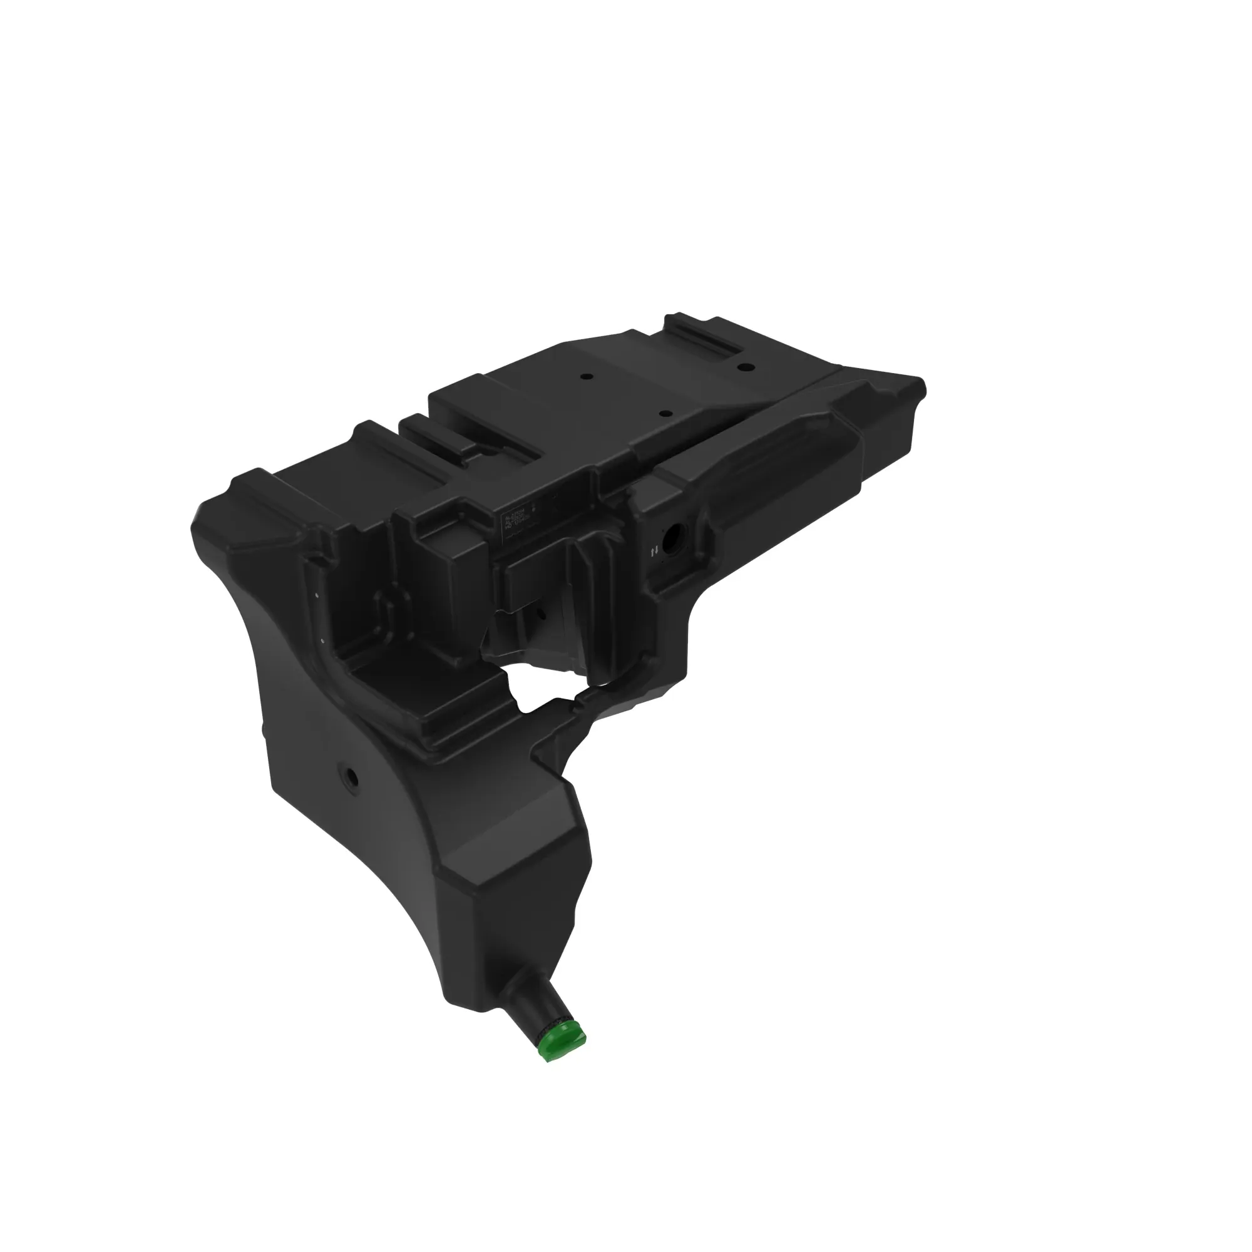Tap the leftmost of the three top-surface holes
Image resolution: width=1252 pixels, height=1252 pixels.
click(x=586, y=376)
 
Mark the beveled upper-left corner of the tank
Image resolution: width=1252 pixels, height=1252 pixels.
click(x=214, y=512)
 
